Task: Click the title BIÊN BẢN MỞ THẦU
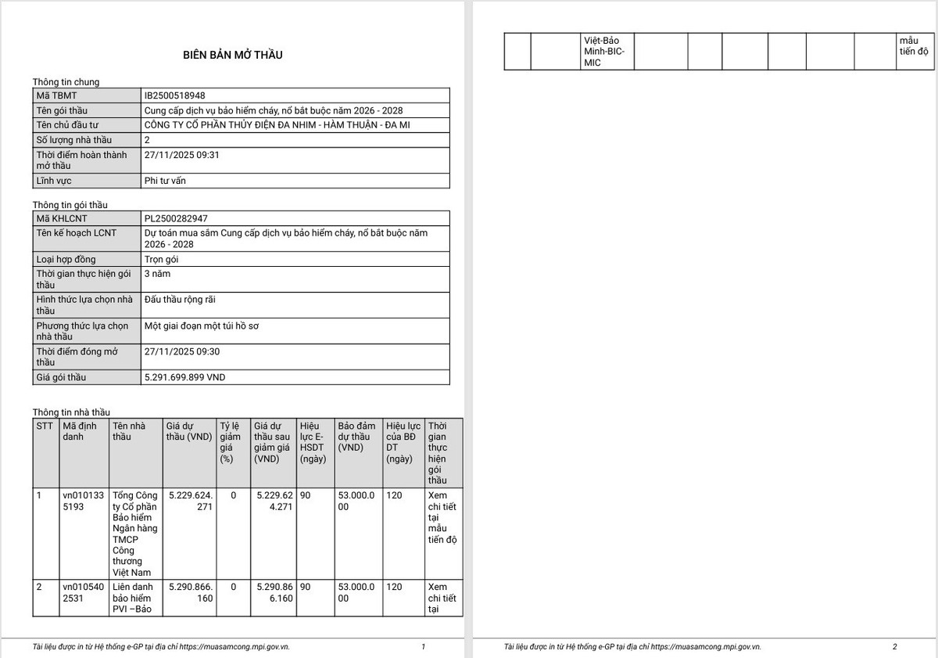[233, 55]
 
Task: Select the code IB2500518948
[175, 95]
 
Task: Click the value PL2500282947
[176, 218]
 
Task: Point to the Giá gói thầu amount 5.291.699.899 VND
[184, 377]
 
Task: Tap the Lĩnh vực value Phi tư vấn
[165, 181]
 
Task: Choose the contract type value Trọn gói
[162, 259]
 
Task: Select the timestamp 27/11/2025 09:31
[182, 155]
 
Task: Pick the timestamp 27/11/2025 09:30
[182, 351]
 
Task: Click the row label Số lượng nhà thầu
[74, 139]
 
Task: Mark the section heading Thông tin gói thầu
[70, 205]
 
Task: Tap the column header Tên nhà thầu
[129, 431]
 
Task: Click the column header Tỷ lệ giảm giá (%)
[231, 442]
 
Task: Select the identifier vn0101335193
[82, 501]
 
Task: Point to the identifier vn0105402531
[82, 592]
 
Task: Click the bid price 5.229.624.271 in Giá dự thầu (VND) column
[191, 501]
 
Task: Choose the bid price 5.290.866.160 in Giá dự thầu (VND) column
[191, 592]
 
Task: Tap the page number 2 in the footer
[895, 647]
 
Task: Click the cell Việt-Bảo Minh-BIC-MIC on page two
[604, 51]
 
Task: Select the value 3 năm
[157, 274]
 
